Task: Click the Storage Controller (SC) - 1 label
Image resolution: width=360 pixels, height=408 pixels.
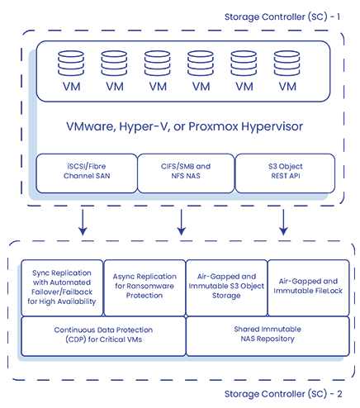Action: tap(282, 17)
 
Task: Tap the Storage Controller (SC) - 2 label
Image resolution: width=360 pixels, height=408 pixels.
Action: tap(283, 394)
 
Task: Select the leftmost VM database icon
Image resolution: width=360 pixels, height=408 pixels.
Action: tap(71, 63)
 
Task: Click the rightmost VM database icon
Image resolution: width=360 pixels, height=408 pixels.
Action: tap(287, 63)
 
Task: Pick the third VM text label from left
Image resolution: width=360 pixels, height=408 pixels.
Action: tap(158, 87)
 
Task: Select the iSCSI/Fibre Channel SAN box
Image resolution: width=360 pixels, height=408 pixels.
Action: tap(87, 173)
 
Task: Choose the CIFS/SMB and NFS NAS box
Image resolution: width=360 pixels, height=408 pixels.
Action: tap(186, 173)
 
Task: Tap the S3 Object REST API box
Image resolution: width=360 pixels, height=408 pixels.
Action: tap(285, 173)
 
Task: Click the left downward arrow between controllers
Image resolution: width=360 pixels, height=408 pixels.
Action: tap(83, 222)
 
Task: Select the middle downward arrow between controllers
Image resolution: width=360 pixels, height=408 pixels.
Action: tap(181, 222)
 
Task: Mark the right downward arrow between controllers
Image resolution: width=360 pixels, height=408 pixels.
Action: tap(283, 222)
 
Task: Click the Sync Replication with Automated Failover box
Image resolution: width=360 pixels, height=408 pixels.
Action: tap(62, 287)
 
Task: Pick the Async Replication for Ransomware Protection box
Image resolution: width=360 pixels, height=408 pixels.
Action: tap(144, 287)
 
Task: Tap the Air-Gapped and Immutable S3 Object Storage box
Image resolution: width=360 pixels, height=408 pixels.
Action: tap(226, 287)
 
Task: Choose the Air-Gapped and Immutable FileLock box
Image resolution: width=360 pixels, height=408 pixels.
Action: tap(308, 287)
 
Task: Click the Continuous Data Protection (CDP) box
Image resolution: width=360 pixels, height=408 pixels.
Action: tap(103, 336)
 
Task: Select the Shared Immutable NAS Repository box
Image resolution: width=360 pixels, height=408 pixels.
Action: tap(268, 336)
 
